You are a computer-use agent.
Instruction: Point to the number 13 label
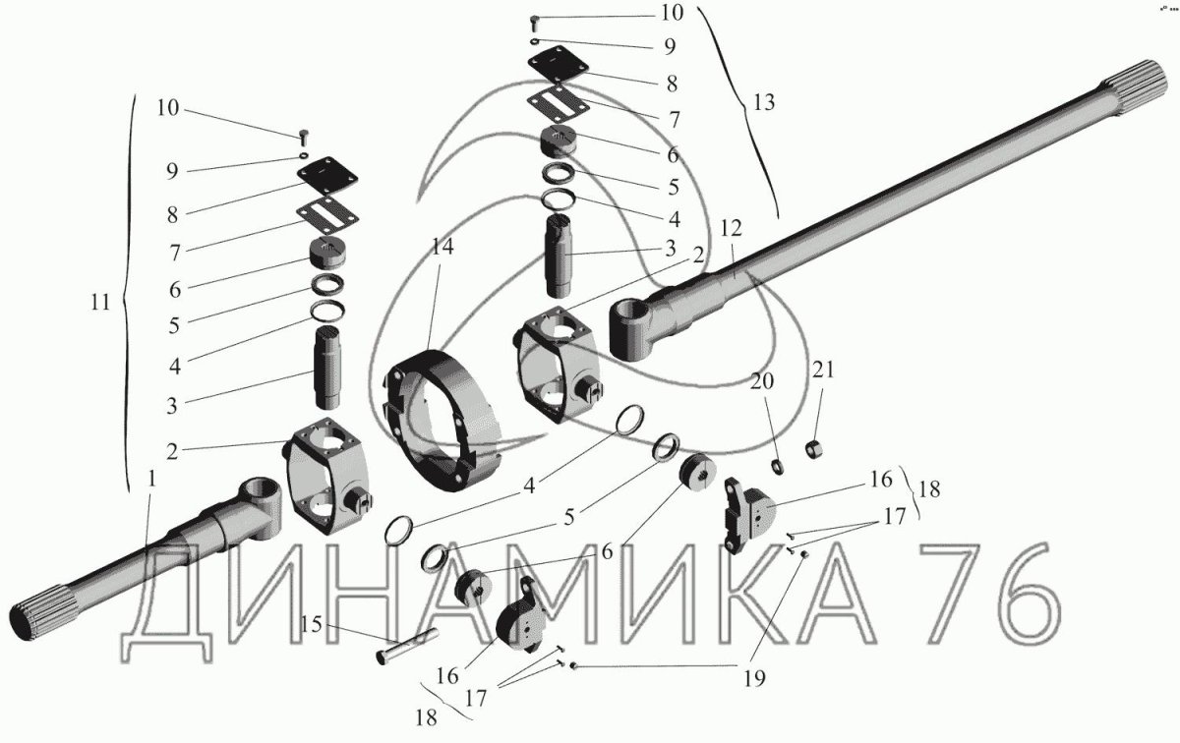point(764,102)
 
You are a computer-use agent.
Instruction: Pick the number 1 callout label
point(151,478)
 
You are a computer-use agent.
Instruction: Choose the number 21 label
point(822,371)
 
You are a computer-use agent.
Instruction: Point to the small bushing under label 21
point(814,448)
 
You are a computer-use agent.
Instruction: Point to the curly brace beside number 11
point(128,295)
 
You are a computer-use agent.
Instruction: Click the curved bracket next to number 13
point(737,108)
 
